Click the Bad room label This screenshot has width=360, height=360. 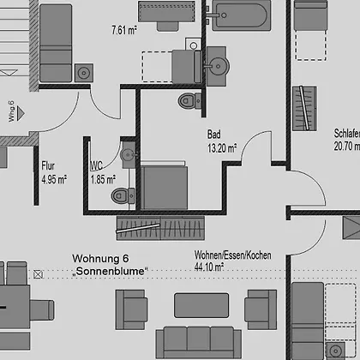coord(214,135)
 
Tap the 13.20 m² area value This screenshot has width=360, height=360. coord(222,148)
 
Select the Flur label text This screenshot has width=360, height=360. coord(48,166)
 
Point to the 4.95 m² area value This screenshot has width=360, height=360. coord(54,180)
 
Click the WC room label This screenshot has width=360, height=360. coord(97,165)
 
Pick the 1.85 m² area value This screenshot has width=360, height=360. coord(103,180)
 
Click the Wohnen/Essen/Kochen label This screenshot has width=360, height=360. coord(233,255)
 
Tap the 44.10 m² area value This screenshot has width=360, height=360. coord(209,267)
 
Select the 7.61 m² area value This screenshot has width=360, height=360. coord(124,30)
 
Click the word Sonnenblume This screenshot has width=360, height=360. coord(110,271)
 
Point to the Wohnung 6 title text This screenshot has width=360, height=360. coord(100,259)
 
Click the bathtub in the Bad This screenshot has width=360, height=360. coord(241,15)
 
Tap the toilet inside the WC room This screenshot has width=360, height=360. coord(123,195)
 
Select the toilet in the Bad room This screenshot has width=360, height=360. coord(190,100)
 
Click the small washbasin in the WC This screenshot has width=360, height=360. coord(129,154)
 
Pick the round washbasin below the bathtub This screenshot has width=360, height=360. coord(217,66)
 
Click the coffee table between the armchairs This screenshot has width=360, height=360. coord(201,305)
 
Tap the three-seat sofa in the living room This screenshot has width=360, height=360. coord(199,342)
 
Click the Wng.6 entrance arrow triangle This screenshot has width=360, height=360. coord(21,113)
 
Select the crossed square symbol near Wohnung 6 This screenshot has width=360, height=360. coord(39,274)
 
